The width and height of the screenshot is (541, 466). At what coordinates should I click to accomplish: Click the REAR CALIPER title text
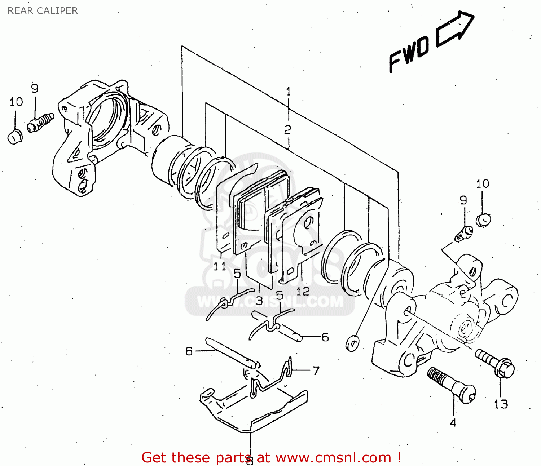click(43, 11)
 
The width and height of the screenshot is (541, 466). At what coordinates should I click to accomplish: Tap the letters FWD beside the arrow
click(409, 54)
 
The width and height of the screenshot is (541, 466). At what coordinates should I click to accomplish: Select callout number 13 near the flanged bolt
click(501, 404)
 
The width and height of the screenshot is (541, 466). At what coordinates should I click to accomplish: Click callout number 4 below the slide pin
click(453, 422)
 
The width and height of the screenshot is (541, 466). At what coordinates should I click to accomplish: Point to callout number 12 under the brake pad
click(303, 291)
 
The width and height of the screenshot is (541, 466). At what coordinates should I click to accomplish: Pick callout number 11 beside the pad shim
click(220, 267)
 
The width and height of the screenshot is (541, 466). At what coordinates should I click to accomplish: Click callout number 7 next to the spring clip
click(316, 370)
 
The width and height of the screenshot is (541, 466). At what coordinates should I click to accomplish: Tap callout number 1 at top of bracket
click(288, 92)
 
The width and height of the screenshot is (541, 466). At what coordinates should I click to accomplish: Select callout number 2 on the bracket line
click(287, 130)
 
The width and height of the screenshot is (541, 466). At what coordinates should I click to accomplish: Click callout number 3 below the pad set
click(259, 300)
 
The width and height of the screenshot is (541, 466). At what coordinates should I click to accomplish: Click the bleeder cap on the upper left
click(15, 137)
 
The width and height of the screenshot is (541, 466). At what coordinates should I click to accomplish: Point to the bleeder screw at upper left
click(40, 121)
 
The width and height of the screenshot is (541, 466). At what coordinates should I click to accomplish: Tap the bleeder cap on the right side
click(483, 219)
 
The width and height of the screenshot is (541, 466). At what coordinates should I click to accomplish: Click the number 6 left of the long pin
click(189, 351)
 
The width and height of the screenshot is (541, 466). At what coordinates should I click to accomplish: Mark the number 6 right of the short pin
click(325, 337)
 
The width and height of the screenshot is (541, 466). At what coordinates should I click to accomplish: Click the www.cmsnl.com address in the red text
click(333, 458)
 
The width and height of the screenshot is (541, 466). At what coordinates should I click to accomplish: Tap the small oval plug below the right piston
click(352, 343)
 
